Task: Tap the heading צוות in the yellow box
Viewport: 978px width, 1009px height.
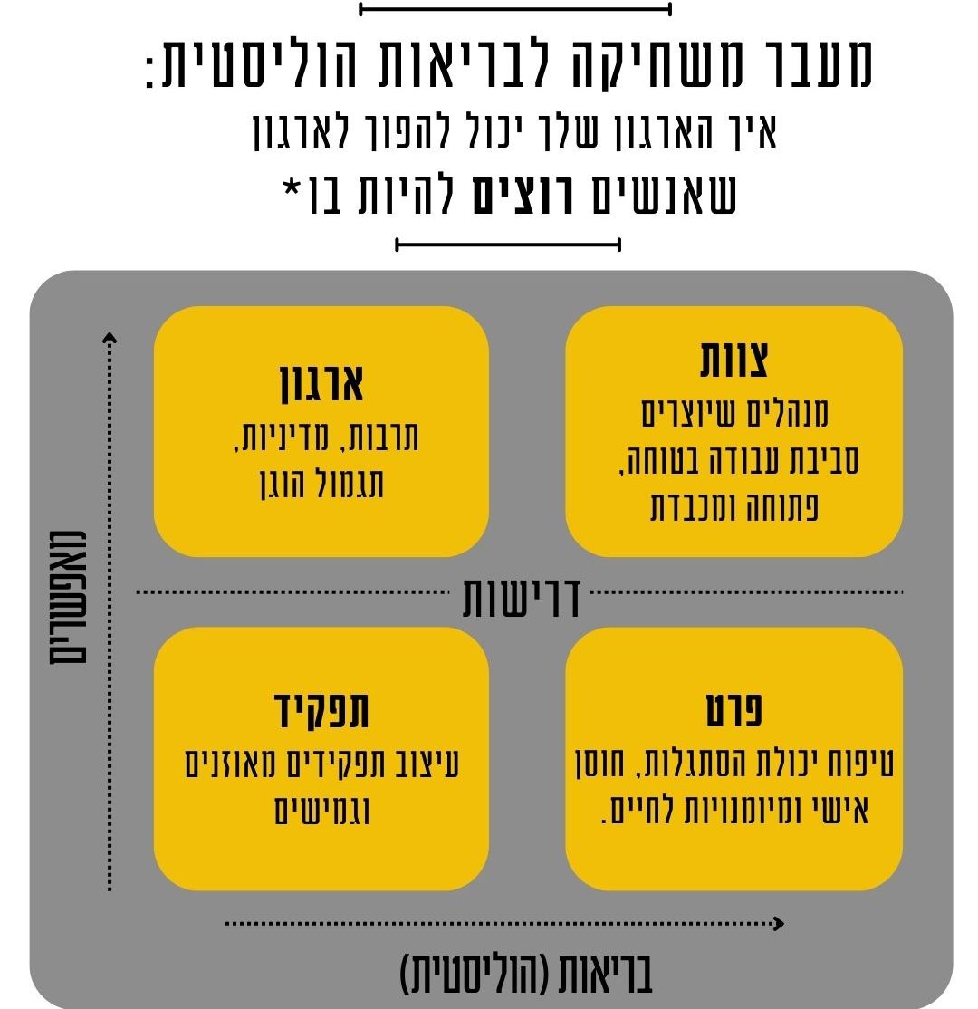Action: [x=734, y=360]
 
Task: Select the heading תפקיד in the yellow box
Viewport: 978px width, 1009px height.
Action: [x=321, y=710]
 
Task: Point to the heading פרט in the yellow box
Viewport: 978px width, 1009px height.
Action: [x=734, y=710]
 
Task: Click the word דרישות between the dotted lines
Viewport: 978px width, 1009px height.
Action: [x=522, y=598]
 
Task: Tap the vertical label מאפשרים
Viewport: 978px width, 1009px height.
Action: [x=68, y=597]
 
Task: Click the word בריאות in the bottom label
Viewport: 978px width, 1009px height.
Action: [x=604, y=975]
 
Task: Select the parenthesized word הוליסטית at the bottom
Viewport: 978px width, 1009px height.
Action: [x=475, y=975]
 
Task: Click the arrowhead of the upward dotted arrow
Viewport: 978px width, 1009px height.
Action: [x=110, y=337]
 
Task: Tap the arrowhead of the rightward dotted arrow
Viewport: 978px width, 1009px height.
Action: [x=779, y=924]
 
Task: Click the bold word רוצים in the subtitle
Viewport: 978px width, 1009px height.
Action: [x=523, y=195]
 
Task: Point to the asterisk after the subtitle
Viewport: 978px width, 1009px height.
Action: [x=292, y=188]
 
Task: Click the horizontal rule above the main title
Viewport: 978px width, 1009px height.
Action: [x=514, y=9]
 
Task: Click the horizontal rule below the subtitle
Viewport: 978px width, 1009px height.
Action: [x=508, y=245]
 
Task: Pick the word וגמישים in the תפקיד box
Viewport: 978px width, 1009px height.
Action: [x=321, y=810]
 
